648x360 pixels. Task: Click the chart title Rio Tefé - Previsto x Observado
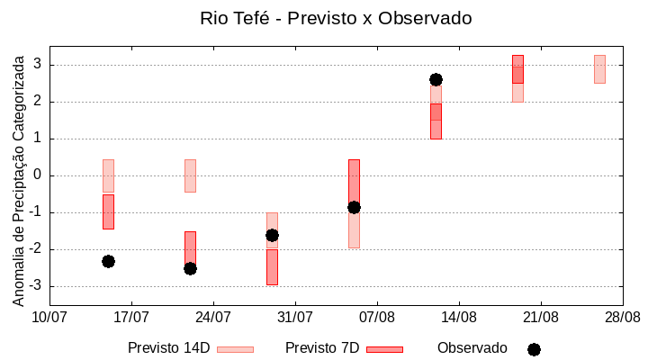pyautogui.click(x=336, y=18)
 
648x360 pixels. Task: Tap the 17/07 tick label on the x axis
pyautogui.click(x=131, y=317)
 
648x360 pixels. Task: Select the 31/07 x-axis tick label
pyautogui.click(x=294, y=317)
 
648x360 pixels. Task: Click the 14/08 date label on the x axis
pyautogui.click(x=459, y=317)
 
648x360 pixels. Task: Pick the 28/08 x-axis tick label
pyautogui.click(x=622, y=317)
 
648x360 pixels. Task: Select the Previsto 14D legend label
pyautogui.click(x=168, y=348)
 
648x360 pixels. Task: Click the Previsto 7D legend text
pyautogui.click(x=321, y=348)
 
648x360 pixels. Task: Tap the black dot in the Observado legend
pyautogui.click(x=534, y=349)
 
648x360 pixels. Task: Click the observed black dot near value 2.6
pyautogui.click(x=436, y=79)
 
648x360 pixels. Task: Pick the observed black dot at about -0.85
pyautogui.click(x=354, y=207)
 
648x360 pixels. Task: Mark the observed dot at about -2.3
pyautogui.click(x=108, y=261)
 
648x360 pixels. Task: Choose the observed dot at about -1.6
pyautogui.click(x=272, y=235)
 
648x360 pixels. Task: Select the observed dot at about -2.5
pyautogui.click(x=190, y=268)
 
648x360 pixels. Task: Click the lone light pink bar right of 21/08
pyautogui.click(x=599, y=69)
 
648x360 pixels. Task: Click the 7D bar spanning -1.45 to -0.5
pyautogui.click(x=108, y=211)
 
